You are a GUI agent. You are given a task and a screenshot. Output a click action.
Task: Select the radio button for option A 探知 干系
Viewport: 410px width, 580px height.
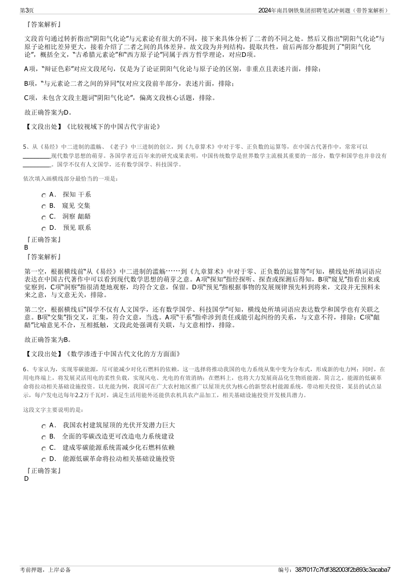coord(44,195)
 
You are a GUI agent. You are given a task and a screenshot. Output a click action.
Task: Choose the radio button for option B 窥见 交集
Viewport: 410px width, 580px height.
coord(44,207)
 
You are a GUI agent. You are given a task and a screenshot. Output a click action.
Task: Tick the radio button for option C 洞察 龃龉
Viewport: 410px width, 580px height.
coord(44,217)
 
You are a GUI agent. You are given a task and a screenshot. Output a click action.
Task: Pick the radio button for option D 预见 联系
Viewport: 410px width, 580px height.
coord(44,229)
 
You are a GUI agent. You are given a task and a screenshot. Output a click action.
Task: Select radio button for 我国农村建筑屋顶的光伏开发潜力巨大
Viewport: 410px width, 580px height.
coord(44,426)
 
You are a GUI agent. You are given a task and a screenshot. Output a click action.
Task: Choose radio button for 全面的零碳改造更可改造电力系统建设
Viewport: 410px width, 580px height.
coord(44,437)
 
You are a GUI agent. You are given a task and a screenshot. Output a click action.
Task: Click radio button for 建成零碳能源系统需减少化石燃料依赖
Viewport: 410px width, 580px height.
coord(44,448)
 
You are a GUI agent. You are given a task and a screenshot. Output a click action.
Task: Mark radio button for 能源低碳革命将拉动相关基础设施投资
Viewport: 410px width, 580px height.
coord(44,460)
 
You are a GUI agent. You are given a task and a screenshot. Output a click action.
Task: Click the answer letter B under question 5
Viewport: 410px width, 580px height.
coord(26,248)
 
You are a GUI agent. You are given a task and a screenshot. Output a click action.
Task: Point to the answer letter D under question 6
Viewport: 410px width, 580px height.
coord(26,479)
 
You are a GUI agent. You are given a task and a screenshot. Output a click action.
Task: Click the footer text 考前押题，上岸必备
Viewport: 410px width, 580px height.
coord(45,570)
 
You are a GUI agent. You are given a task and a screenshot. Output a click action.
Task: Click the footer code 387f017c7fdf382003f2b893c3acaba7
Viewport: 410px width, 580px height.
coord(343,570)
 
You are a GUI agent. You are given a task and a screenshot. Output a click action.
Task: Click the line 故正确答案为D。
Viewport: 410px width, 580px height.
coord(49,113)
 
